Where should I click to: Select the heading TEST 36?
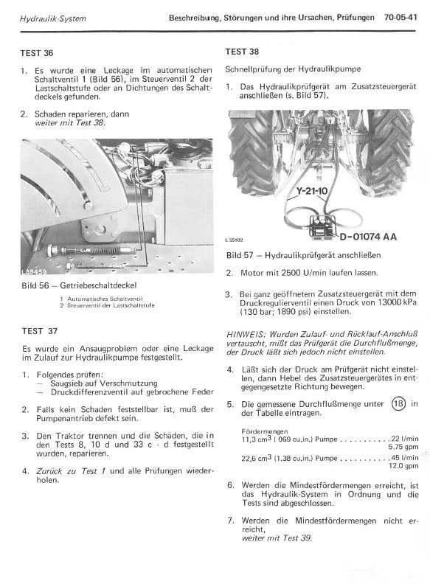click(x=37, y=54)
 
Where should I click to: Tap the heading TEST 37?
click(x=37, y=332)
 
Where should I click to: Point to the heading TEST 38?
click(x=242, y=52)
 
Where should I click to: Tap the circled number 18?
click(x=398, y=403)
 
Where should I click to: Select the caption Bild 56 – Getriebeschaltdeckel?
click(x=80, y=284)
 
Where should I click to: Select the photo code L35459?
click(x=35, y=272)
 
